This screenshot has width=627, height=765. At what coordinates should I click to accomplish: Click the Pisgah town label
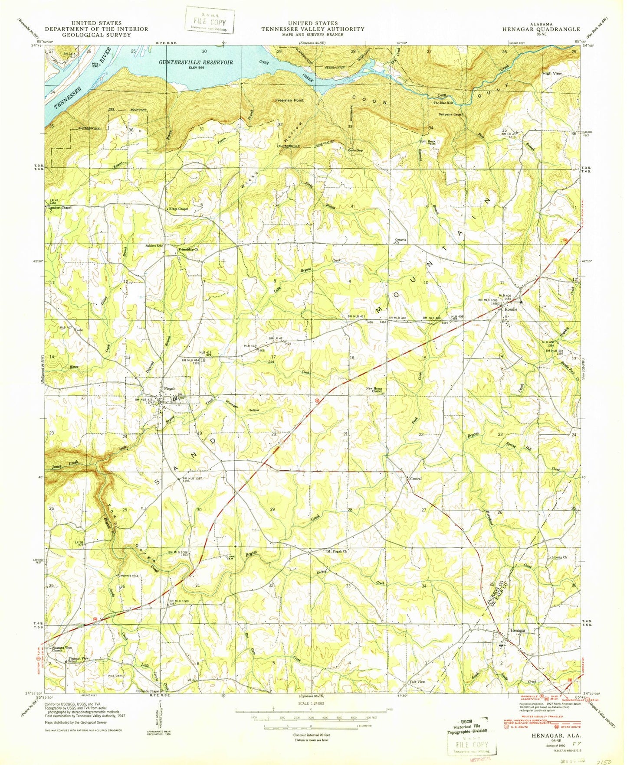click(x=170, y=388)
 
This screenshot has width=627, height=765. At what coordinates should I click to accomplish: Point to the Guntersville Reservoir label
click(x=196, y=62)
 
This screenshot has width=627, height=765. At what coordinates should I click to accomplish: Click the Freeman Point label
click(x=289, y=100)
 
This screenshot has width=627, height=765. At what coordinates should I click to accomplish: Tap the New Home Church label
click(x=374, y=390)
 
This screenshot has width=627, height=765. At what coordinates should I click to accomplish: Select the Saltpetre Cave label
click(x=451, y=114)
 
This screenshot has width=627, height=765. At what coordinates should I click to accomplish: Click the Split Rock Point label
click(x=427, y=143)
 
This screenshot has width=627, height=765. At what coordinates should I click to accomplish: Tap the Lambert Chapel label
click(x=60, y=208)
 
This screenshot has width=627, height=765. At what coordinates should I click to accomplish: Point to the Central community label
click(x=416, y=479)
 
